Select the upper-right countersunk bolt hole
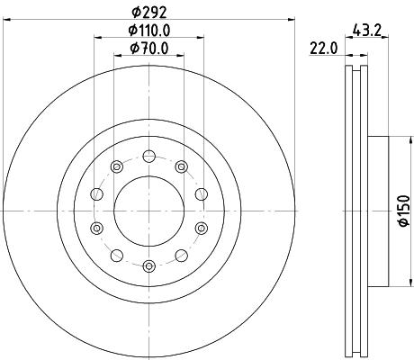183,166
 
